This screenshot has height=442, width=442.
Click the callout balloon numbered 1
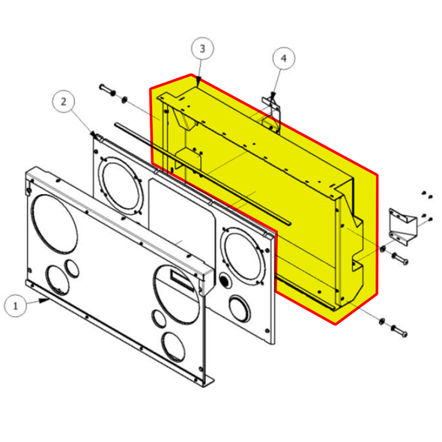point(16,306)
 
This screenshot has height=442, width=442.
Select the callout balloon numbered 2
point(64,100)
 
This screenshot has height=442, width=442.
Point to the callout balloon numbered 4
point(282,58)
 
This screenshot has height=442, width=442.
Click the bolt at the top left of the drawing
point(108,92)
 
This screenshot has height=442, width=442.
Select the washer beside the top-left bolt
point(124,99)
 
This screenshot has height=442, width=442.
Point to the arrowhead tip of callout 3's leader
point(199,79)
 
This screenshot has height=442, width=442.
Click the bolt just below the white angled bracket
point(399,258)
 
